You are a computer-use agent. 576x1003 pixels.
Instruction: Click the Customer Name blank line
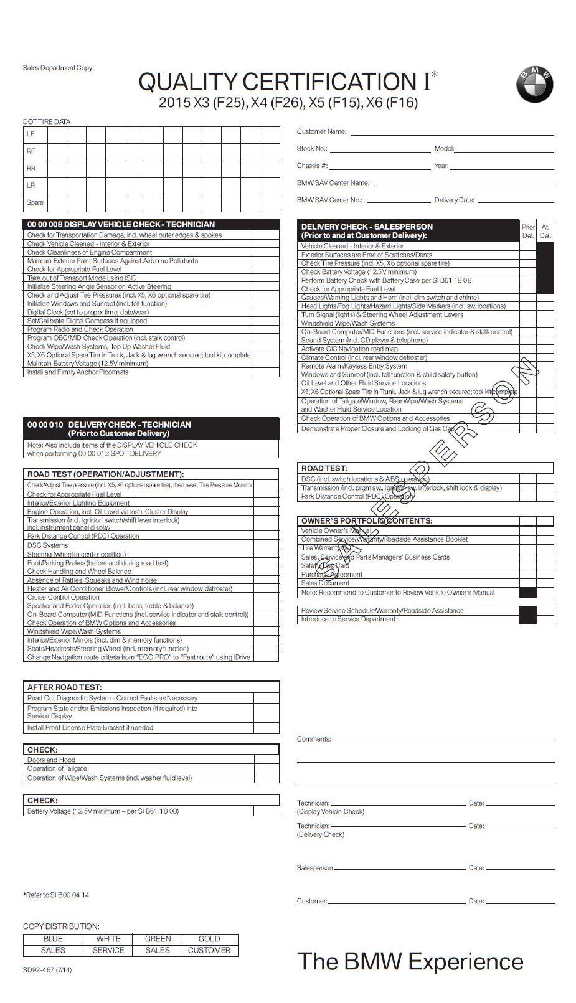tap(451, 133)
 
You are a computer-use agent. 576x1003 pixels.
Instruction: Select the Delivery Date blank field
tap(516, 201)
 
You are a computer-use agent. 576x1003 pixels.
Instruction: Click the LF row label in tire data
tap(31, 134)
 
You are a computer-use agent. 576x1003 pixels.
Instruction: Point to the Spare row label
tap(35, 203)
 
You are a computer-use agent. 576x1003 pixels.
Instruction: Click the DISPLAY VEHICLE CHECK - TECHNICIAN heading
tap(121, 225)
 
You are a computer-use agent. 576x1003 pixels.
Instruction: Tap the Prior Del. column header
tap(528, 232)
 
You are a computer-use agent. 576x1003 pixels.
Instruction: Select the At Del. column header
tap(545, 232)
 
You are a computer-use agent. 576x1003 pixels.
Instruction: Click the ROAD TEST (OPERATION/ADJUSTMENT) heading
tap(105, 474)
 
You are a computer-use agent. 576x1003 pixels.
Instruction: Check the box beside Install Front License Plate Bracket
tap(266, 728)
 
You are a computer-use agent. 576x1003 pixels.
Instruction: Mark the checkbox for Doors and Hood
tap(266, 760)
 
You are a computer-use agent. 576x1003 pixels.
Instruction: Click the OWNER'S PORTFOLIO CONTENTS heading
tap(367, 521)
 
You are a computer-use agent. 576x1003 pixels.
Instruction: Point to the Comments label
tap(314, 740)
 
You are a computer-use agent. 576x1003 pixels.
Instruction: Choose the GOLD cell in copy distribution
tap(209, 939)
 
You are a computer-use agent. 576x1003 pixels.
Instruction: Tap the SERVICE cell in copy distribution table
tap(108, 951)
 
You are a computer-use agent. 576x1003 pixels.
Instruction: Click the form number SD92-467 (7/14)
tap(47, 970)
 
